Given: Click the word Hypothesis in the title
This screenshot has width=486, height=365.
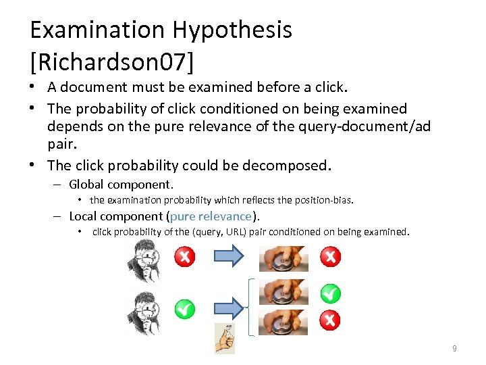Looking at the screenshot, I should pyautogui.click(x=232, y=30).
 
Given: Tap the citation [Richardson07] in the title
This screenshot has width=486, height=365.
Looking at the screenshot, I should pyautogui.click(x=111, y=62).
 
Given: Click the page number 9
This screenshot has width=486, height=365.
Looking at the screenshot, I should pyautogui.click(x=454, y=349).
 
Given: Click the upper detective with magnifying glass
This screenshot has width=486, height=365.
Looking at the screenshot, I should pyautogui.click(x=144, y=261).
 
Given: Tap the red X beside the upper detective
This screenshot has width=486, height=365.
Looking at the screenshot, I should pyautogui.click(x=184, y=257).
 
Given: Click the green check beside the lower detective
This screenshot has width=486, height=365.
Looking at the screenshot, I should pyautogui.click(x=184, y=310).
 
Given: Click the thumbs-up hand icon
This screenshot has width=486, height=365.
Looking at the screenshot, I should pyautogui.click(x=224, y=338).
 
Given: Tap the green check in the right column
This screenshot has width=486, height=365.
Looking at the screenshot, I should pyautogui.click(x=329, y=294).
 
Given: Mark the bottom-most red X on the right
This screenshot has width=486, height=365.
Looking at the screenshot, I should pyautogui.click(x=329, y=320).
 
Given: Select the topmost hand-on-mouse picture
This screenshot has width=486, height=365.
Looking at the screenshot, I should pyautogui.click(x=283, y=258).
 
